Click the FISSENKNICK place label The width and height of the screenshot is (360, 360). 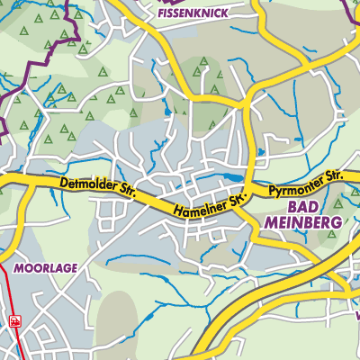(x=192, y=14)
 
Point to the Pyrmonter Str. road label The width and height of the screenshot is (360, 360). (x=306, y=184)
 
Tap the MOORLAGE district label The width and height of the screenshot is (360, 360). (x=45, y=268)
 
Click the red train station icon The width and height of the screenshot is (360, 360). (x=14, y=319)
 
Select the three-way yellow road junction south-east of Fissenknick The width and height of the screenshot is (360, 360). (x=244, y=105)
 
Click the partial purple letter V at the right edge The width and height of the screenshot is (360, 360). (x=357, y=316)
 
